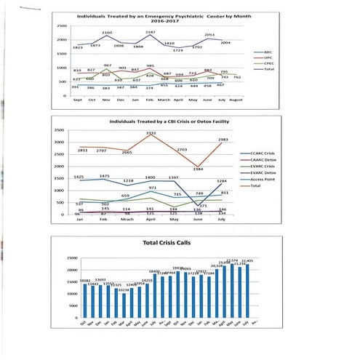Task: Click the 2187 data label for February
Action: click(151, 33)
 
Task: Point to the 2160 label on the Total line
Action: click(107, 33)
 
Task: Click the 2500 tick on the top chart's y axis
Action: click(63, 26)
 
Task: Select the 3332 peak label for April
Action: click(151, 134)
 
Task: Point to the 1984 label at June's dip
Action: click(198, 169)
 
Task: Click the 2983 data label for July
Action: click(223, 140)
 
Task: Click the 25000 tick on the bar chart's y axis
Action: click(71, 257)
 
